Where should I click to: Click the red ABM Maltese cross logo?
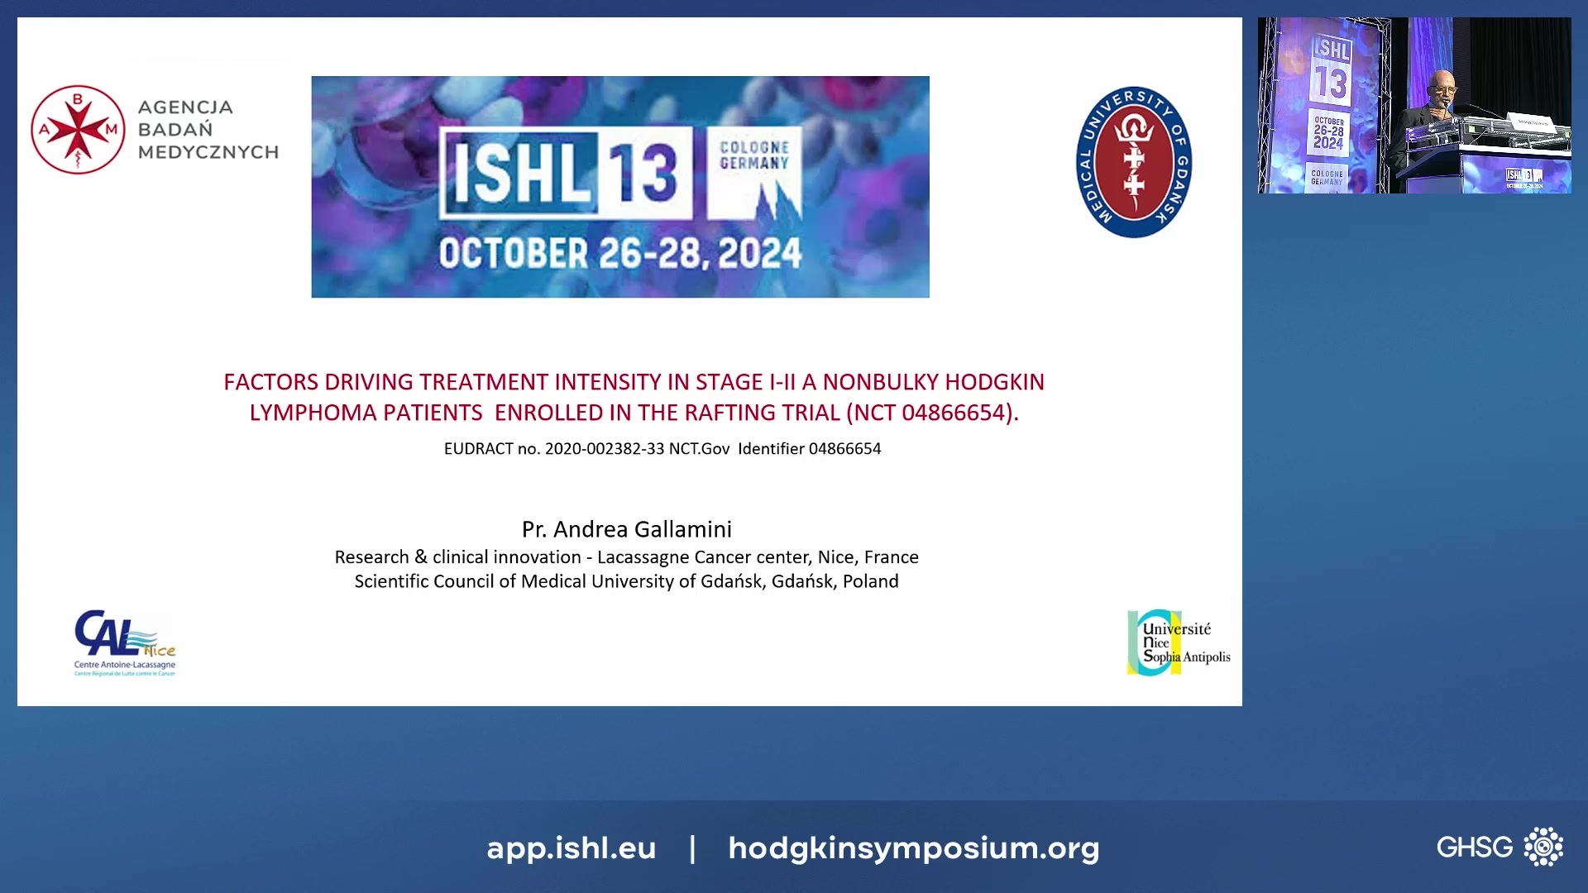click(x=78, y=130)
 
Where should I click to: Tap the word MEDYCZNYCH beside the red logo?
click(x=208, y=152)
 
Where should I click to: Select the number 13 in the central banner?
click(x=643, y=173)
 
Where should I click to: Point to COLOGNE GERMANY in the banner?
click(x=754, y=155)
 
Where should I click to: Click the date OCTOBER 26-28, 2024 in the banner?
click(x=620, y=254)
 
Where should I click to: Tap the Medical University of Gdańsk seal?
click(x=1133, y=162)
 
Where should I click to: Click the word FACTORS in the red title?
click(x=270, y=382)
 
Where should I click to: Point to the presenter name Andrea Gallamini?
click(x=642, y=529)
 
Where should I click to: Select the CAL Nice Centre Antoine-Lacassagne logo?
click(x=124, y=643)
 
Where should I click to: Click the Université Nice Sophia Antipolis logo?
click(x=1178, y=643)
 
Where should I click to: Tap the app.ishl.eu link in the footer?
click(x=571, y=848)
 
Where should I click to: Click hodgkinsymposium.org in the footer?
click(x=913, y=848)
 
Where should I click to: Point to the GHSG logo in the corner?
click(x=1499, y=847)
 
